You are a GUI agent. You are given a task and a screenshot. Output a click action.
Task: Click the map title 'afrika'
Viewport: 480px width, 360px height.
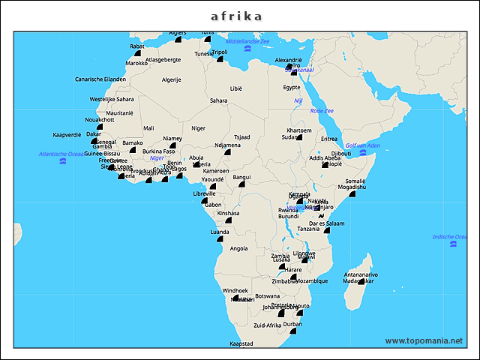click(236, 16)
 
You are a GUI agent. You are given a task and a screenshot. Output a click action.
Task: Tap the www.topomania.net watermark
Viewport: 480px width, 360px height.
click(424, 340)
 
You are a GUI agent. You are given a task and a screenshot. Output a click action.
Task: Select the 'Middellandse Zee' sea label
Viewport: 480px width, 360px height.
click(247, 41)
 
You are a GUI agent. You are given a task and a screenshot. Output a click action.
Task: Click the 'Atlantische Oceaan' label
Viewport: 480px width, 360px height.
click(62, 154)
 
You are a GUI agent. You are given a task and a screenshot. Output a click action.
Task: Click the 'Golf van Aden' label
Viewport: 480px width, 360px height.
click(362, 145)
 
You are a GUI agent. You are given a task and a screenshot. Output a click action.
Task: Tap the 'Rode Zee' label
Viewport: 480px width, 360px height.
click(322, 110)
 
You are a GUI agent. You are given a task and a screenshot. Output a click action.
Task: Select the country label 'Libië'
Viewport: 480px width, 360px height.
click(236, 88)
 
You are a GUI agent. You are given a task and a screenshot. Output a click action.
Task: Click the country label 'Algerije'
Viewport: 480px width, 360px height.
click(172, 79)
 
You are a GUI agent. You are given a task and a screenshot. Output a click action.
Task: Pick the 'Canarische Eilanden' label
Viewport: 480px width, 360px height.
click(100, 79)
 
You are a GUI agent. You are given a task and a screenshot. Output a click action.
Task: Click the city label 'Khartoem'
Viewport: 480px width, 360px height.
click(299, 130)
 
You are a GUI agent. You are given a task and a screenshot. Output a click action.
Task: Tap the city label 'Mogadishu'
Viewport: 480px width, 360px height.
click(351, 187)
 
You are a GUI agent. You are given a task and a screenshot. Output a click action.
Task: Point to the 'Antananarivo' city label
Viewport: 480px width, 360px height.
click(361, 274)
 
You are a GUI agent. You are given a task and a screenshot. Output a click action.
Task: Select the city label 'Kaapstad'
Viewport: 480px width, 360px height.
click(241, 343)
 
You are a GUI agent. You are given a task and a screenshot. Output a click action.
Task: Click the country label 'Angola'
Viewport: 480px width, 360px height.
click(238, 248)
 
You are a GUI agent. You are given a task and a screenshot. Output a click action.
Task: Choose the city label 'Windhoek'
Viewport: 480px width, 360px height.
click(235, 290)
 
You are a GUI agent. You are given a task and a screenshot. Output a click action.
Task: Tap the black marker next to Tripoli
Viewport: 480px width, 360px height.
click(220, 59)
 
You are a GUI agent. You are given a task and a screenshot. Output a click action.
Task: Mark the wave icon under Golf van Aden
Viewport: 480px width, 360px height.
click(362, 152)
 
